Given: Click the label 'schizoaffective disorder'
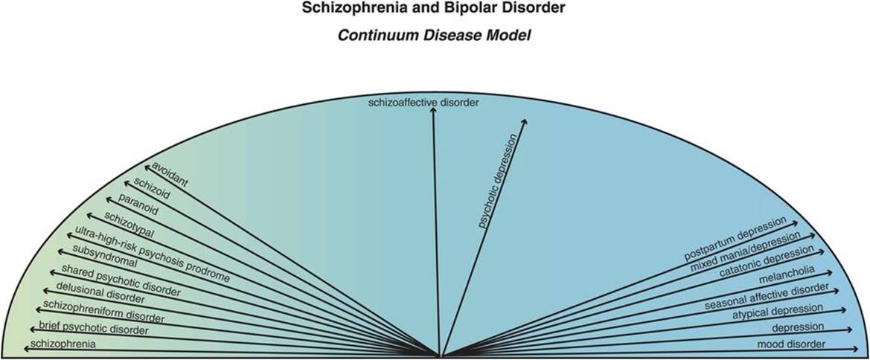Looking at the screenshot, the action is pos(424,103).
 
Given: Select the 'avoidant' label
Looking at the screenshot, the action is pos(170,174).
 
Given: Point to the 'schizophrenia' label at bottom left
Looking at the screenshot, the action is pos(63,344).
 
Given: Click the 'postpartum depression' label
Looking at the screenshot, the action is pos(735,238).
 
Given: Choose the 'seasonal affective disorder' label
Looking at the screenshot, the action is pos(767,297).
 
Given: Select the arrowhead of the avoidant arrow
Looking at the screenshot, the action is pos(147,164).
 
